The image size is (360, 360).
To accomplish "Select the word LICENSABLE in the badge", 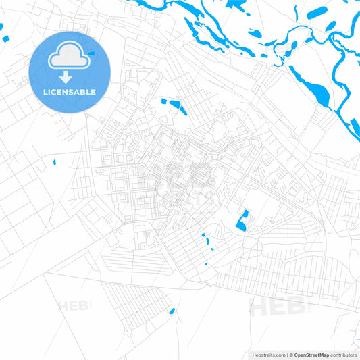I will coord(70,92).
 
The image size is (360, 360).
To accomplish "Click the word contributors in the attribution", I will coord(343,355).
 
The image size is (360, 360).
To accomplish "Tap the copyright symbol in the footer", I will coord(290,355).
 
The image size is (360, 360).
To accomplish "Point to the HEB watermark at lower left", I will coord(74,306).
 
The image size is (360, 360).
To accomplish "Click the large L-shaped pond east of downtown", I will coord(241,220).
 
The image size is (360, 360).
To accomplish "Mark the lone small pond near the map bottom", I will coord(171,311).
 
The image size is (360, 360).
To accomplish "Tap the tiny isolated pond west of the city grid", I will coord(54,161).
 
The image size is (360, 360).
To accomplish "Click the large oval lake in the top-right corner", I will coord(317,12).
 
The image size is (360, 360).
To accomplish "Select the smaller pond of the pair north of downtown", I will coord(164,102).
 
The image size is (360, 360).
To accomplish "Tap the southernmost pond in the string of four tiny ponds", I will coord(207,263).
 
